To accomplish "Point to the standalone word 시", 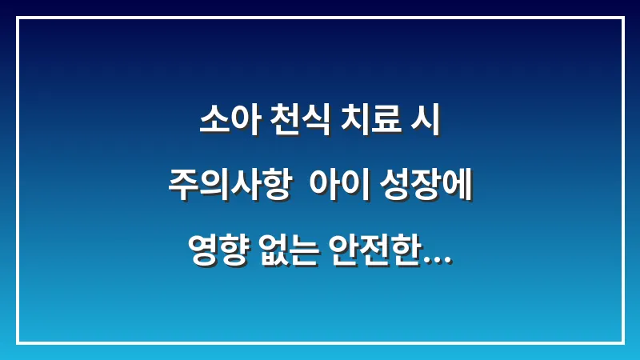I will pos(426,124).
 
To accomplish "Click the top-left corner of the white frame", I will pos(17,18).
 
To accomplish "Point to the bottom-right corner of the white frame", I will pos(622,342).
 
